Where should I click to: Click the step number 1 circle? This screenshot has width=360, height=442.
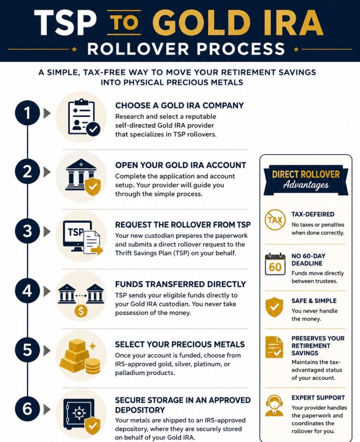[x=27, y=113]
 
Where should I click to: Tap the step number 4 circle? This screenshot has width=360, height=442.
[x=27, y=291]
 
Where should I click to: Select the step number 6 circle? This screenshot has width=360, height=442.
[x=27, y=409]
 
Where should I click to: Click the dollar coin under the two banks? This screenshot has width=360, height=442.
[x=81, y=311]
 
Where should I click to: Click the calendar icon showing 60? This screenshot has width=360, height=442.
[x=275, y=264]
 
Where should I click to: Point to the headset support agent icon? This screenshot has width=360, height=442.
[x=274, y=406]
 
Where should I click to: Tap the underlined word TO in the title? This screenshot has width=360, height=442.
[x=124, y=22]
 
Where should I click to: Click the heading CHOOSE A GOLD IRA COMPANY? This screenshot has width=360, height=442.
[x=180, y=105]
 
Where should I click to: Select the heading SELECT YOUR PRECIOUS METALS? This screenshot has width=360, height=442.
[x=180, y=344]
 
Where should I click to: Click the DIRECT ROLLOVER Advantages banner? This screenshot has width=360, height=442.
[x=306, y=180]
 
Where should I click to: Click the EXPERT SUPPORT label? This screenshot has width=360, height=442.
[x=318, y=398]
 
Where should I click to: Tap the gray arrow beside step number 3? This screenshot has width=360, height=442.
[x=47, y=232]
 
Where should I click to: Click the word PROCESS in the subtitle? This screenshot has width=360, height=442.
[x=241, y=49]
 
